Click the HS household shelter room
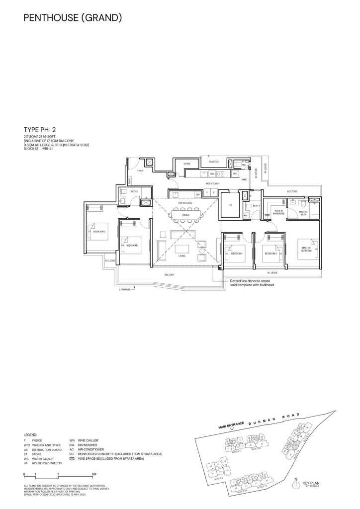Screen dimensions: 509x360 [230, 205]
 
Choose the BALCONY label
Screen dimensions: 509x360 [170, 274]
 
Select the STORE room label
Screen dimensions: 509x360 [187, 163]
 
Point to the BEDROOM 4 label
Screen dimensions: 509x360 [236, 254]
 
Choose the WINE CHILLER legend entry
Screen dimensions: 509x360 [92, 440]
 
